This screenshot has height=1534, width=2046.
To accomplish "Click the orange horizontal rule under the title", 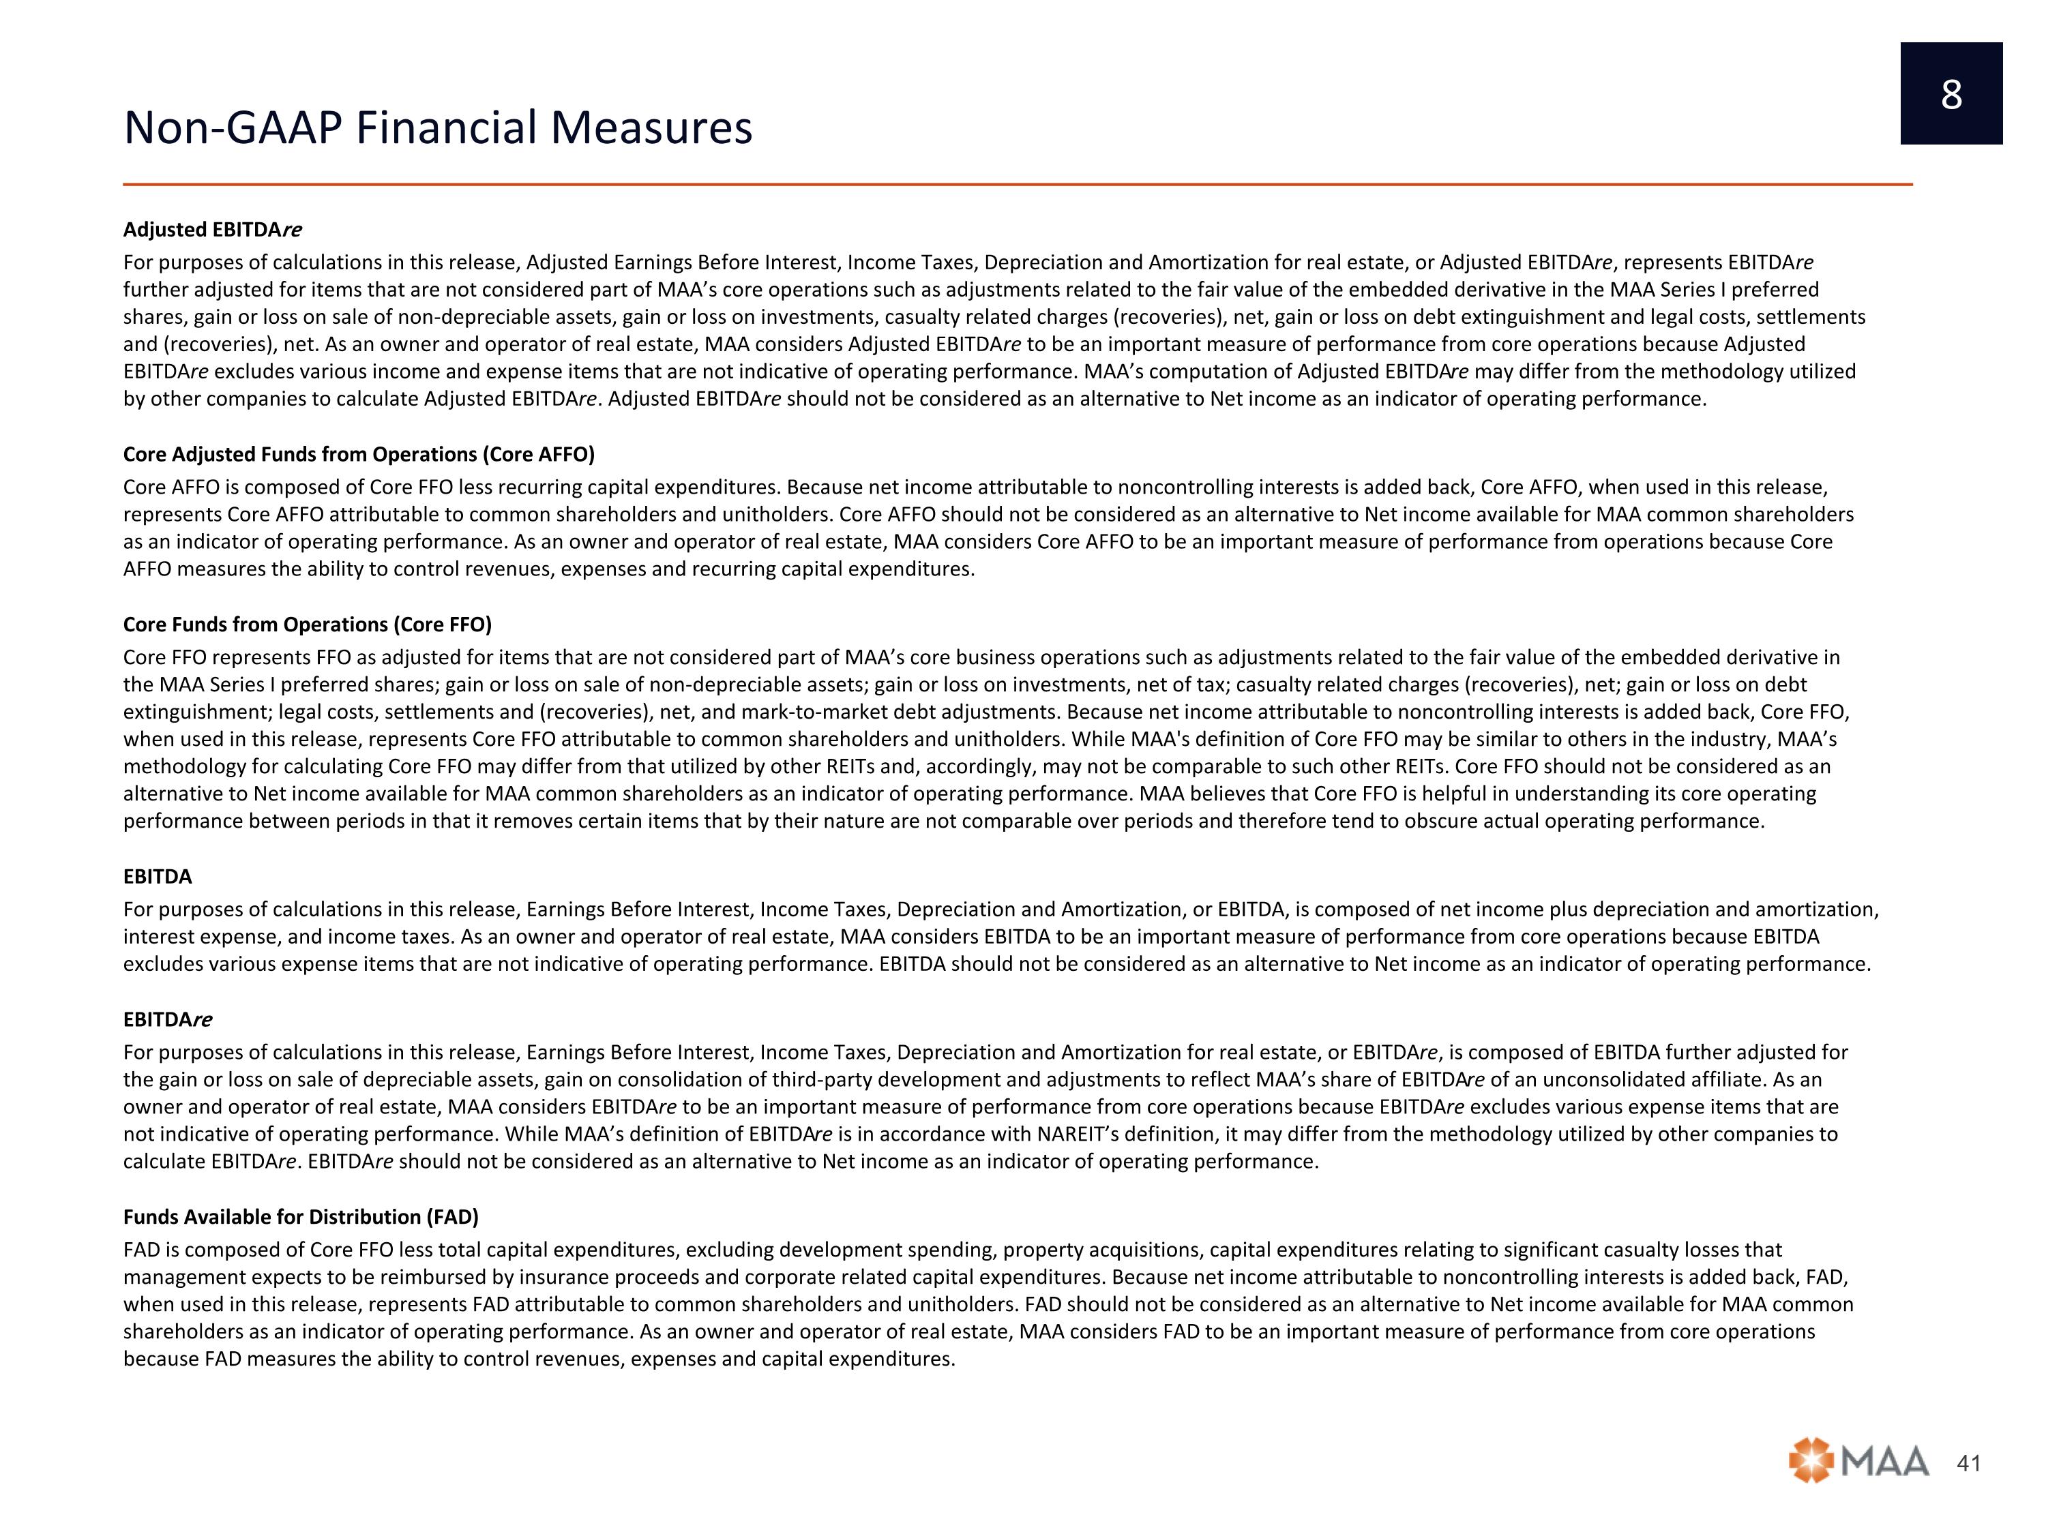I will [1018, 185].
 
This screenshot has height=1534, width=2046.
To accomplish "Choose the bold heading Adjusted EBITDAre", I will [213, 229].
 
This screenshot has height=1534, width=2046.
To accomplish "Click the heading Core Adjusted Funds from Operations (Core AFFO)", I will [359, 454].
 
